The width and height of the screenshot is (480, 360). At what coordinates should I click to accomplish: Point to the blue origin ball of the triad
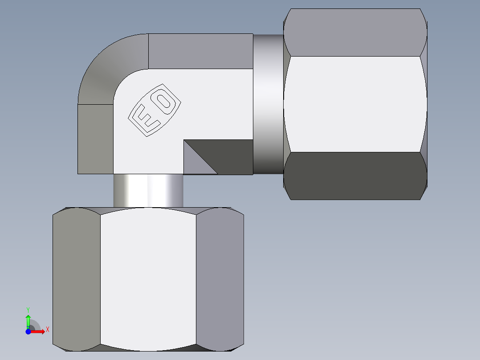(x=28, y=331)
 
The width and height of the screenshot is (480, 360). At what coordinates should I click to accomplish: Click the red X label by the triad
(x=48, y=330)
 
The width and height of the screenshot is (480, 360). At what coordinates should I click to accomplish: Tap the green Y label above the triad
(x=28, y=309)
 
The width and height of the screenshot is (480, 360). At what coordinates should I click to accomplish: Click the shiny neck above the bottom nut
(x=148, y=190)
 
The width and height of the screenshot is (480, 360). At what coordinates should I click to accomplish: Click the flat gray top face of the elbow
(x=200, y=51)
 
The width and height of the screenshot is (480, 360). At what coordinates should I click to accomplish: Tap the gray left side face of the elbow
(x=95, y=139)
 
